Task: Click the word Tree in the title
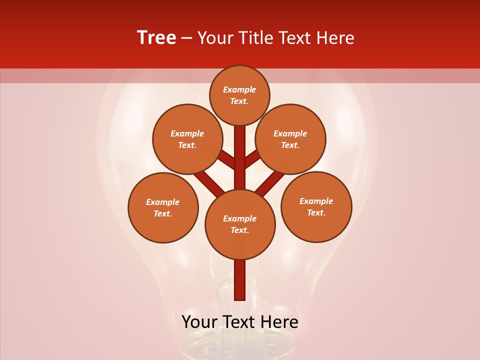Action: pyautogui.click(x=156, y=38)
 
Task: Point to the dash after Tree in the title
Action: pyautogui.click(x=186, y=38)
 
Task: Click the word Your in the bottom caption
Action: pyautogui.click(x=201, y=321)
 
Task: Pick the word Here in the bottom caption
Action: pyautogui.click(x=279, y=321)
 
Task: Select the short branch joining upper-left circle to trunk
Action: pyautogui.click(x=227, y=160)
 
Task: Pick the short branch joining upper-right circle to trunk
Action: pyautogui.click(x=252, y=159)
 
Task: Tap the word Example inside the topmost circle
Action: pyautogui.click(x=239, y=89)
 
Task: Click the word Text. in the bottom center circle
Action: pyautogui.click(x=239, y=230)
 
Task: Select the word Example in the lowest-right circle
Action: pyautogui.click(x=316, y=201)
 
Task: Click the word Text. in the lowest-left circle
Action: pyautogui.click(x=162, y=214)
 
